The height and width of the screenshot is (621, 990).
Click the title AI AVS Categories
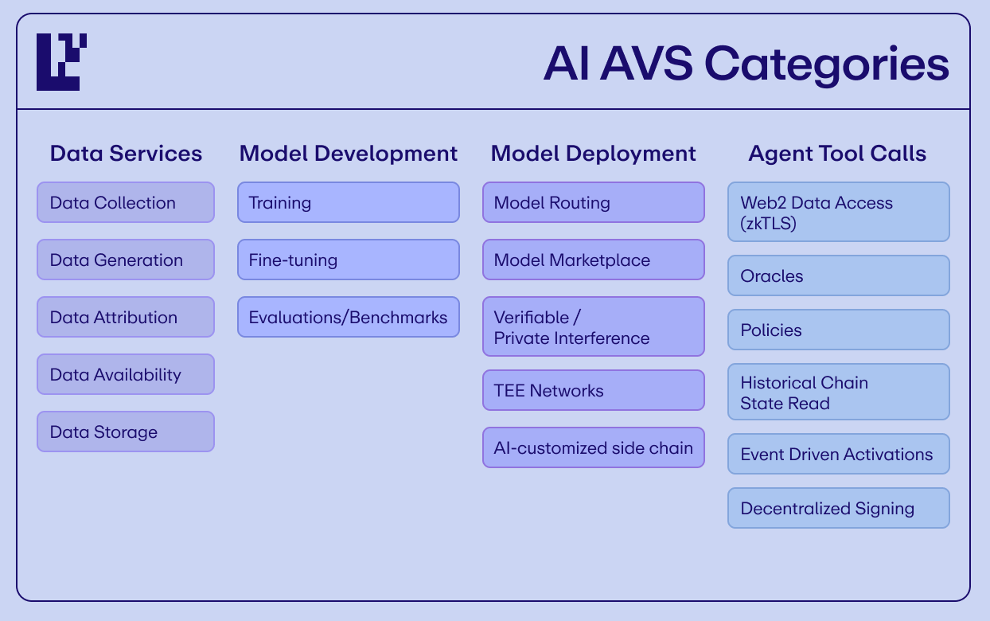(x=746, y=64)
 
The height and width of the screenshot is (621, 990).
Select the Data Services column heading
(x=126, y=154)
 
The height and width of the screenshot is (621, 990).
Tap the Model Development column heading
(x=349, y=154)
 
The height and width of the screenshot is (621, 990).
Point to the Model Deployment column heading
(x=593, y=154)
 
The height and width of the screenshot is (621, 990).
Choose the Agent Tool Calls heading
(x=837, y=154)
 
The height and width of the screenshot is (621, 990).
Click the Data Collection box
(x=126, y=202)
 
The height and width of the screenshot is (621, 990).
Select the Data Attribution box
(x=126, y=317)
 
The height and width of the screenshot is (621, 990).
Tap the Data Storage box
(x=126, y=432)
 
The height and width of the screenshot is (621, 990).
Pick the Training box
(x=349, y=202)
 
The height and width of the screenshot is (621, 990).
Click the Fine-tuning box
(x=349, y=260)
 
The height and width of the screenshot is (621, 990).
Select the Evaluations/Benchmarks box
(x=349, y=317)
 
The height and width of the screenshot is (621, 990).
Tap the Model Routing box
(x=594, y=202)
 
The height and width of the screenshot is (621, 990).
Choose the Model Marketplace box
(x=594, y=260)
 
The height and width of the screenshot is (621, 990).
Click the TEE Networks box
(x=594, y=390)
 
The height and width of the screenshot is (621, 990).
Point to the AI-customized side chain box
(x=594, y=447)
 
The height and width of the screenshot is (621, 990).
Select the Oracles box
(x=839, y=275)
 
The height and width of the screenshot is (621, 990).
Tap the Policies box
(x=839, y=330)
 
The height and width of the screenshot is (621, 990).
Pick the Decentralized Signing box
(x=839, y=508)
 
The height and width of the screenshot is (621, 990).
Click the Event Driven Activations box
(x=839, y=454)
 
